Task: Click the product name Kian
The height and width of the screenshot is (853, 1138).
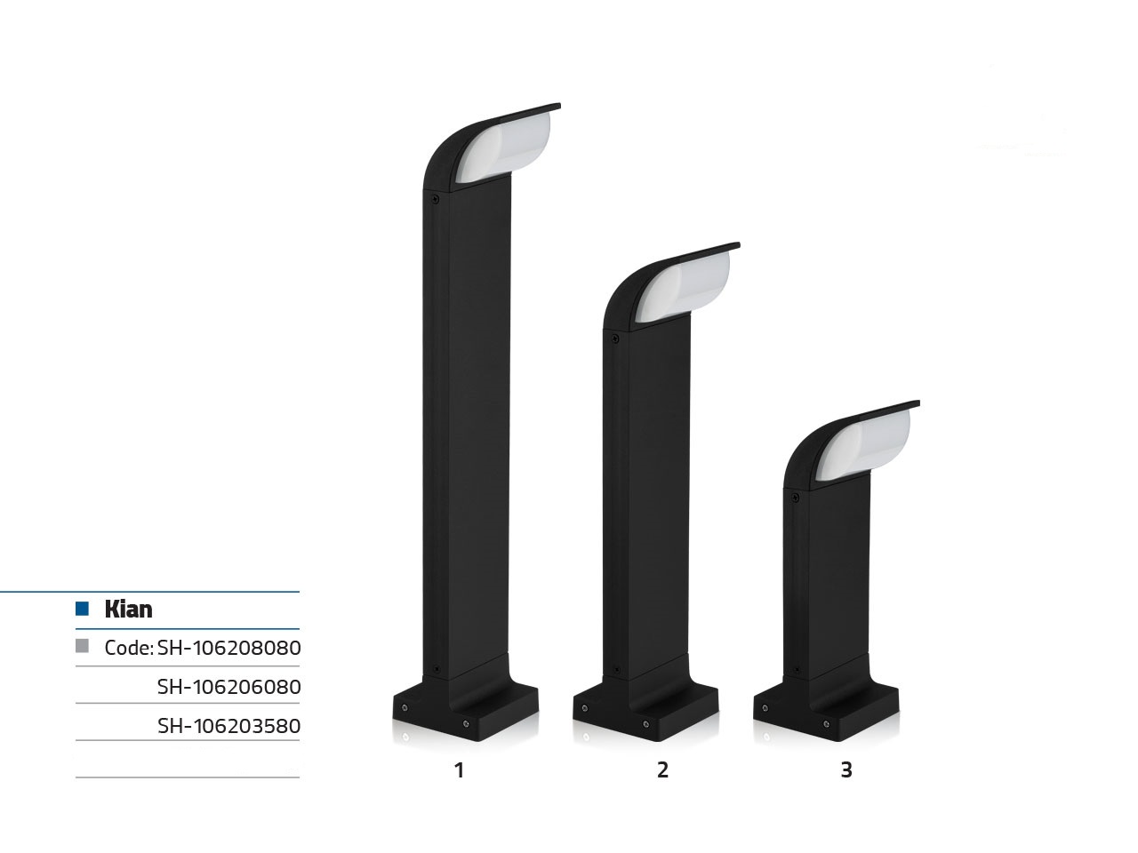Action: tap(128, 609)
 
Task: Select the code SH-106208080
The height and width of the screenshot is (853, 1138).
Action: tap(228, 648)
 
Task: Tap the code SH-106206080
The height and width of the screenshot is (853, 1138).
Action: tap(228, 687)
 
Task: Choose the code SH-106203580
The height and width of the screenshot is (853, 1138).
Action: tap(228, 726)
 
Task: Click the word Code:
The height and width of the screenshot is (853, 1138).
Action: tap(129, 648)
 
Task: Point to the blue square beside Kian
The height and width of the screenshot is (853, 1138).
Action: tap(82, 608)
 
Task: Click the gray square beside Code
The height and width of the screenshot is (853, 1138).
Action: tap(82, 646)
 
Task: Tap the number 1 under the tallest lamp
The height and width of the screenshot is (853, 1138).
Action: tap(459, 770)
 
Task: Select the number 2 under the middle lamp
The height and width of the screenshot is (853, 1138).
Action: tap(662, 770)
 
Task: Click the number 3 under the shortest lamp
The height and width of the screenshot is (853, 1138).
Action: tap(846, 770)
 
